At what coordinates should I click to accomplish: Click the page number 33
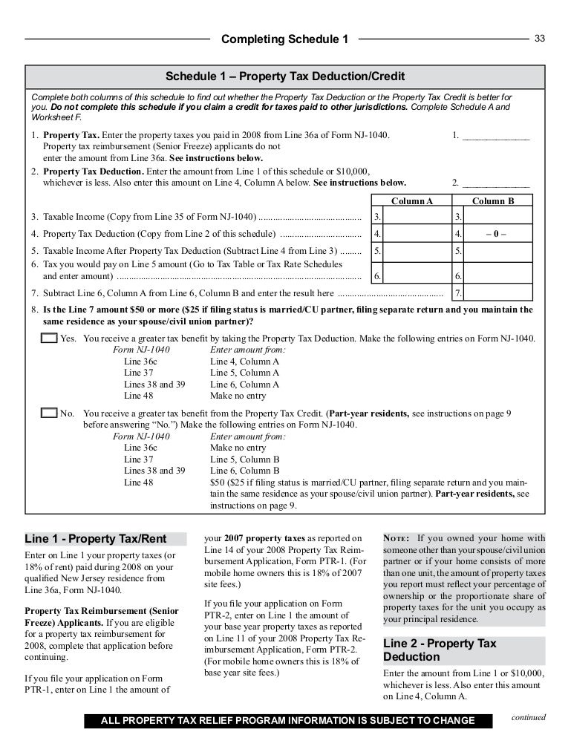[540, 38]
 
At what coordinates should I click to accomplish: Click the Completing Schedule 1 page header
[285, 39]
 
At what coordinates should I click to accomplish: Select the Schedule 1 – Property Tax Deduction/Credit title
[285, 76]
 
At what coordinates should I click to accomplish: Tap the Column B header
[493, 200]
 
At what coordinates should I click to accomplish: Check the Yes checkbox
[48, 338]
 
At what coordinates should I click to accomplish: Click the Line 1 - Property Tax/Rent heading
[95, 538]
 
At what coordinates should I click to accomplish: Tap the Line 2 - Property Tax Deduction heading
[440, 650]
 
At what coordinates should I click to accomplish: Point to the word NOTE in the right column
[397, 538]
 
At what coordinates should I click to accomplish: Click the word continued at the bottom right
[528, 718]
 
